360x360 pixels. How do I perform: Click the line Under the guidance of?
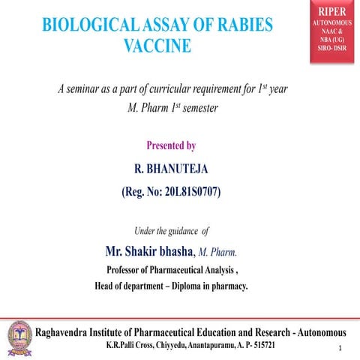171,230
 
